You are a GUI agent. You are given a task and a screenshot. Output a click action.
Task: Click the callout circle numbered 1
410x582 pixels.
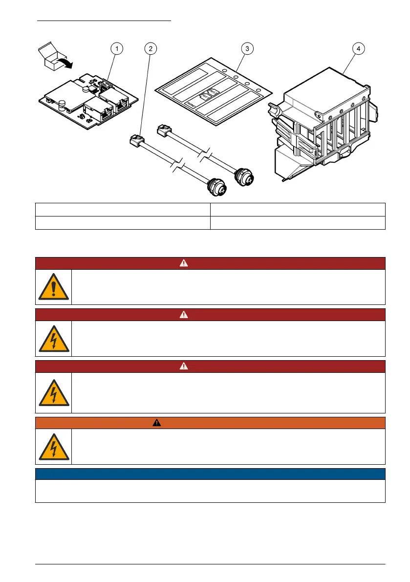pyautogui.click(x=116, y=48)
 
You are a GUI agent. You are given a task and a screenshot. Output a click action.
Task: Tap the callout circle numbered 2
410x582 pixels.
pyautogui.click(x=151, y=48)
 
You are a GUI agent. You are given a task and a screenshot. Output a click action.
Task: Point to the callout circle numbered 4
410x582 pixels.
pyautogui.click(x=359, y=48)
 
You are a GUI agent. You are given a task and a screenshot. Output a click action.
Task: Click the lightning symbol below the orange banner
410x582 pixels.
pyautogui.click(x=53, y=447)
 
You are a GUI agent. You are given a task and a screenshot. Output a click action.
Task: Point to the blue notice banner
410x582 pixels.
pyautogui.click(x=210, y=474)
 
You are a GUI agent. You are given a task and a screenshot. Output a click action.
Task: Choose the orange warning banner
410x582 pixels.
pyautogui.click(x=210, y=423)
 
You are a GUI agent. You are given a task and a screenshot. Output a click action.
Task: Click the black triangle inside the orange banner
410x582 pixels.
pyautogui.click(x=157, y=423)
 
